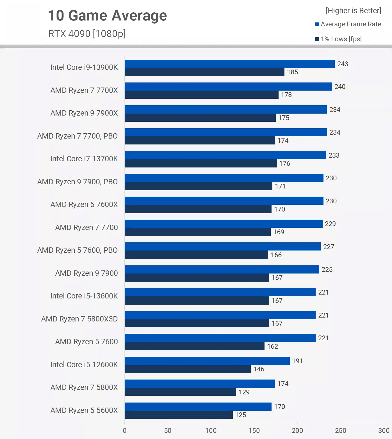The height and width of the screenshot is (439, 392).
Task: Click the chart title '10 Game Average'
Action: click(107, 16)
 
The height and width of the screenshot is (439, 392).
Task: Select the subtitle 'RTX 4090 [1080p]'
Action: click(87, 34)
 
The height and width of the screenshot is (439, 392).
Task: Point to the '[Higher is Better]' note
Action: click(353, 11)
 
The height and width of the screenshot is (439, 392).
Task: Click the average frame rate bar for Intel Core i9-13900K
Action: click(229, 64)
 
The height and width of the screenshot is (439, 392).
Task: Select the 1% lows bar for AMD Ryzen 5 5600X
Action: click(179, 415)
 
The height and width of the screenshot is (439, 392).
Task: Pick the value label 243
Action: click(343, 64)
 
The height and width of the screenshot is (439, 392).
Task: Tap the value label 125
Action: click(241, 415)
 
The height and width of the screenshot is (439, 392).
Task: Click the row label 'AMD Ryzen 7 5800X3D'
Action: click(79, 319)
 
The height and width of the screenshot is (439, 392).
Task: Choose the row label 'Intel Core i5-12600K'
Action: click(84, 365)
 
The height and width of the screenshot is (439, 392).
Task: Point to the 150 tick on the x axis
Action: click(254, 431)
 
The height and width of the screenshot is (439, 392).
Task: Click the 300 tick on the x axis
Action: click(384, 431)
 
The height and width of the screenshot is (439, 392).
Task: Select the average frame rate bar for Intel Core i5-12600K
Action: click(207, 361)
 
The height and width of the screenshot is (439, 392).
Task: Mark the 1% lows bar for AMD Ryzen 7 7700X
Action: click(201, 95)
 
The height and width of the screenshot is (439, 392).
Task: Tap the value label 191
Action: click(297, 361)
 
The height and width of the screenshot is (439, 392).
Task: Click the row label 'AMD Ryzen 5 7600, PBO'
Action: click(78, 250)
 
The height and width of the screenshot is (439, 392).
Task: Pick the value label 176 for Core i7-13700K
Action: click(284, 164)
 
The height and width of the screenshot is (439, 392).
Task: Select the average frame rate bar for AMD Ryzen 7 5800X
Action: click(200, 384)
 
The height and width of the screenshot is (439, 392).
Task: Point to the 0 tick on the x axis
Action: click(125, 431)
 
